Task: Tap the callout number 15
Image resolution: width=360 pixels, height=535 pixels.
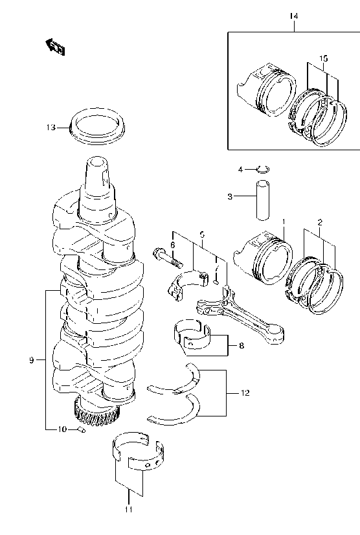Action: point(323,58)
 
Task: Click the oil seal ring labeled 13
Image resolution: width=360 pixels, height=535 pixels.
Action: point(97,125)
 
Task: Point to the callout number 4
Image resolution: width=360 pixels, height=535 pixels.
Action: point(240,170)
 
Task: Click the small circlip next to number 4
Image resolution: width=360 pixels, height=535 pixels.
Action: point(262,170)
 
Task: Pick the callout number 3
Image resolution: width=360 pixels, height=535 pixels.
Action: point(231,196)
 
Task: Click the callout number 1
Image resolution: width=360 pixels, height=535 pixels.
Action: point(283,222)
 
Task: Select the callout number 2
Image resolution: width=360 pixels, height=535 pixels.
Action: point(319,222)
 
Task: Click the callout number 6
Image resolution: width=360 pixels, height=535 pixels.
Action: point(172,244)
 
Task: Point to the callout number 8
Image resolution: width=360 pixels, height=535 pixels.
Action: point(241,347)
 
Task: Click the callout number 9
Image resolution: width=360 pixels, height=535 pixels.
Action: point(31,359)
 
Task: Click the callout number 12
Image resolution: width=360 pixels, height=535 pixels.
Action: point(244,393)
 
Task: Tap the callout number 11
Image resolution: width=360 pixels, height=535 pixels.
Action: point(128,510)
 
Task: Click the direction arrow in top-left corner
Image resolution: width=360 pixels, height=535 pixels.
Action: point(54,46)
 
